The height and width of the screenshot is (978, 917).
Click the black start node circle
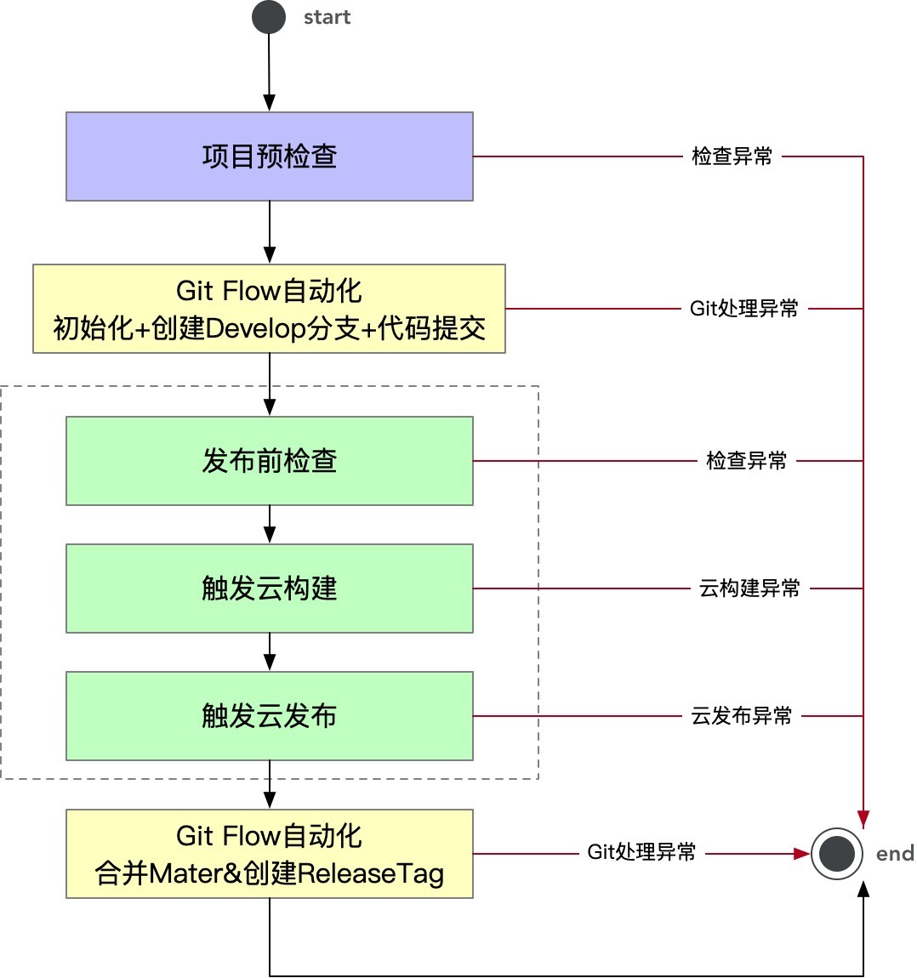269,17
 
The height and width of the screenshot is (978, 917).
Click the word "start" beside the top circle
327,18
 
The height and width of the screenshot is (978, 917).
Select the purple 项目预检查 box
269,156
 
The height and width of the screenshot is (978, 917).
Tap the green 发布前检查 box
269,461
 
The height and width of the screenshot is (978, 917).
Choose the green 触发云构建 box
269,589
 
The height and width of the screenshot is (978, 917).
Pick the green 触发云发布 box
269,716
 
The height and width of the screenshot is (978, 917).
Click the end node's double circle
838,854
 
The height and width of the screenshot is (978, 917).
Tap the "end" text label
895,854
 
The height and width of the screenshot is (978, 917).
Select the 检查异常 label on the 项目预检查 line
732,156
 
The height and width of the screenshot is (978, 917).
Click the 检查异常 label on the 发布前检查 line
746,461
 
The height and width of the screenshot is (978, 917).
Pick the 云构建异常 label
749,589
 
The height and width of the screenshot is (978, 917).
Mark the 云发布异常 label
741,716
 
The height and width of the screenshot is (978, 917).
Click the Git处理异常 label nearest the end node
641,852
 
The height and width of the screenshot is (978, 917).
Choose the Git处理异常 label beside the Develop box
743,309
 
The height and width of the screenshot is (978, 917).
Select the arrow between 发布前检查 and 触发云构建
269,525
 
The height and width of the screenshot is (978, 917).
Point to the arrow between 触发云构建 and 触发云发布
269,652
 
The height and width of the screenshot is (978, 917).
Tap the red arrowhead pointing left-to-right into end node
800,853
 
